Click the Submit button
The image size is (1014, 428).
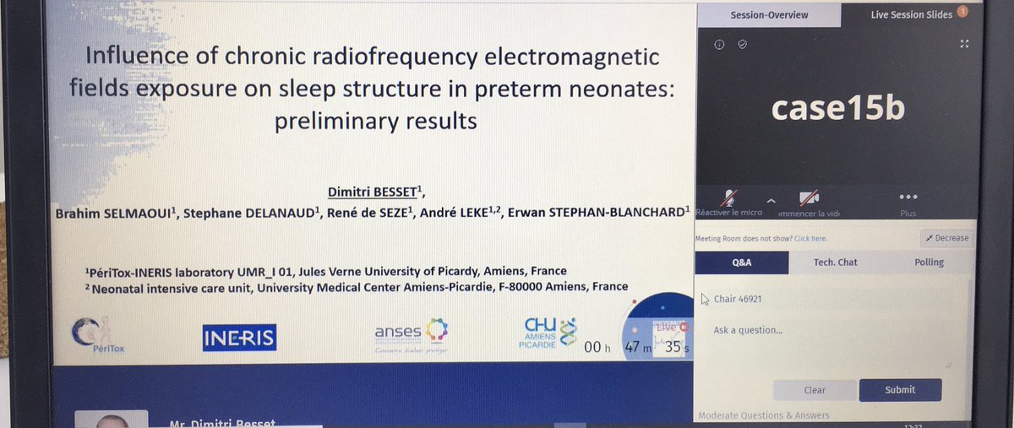pyautogui.click(x=900, y=389)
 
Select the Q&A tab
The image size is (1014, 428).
pyautogui.click(x=741, y=263)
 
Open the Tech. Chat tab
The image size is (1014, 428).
pyautogui.click(x=835, y=263)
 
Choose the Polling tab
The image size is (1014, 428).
pyautogui.click(x=929, y=263)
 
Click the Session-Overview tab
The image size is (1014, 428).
pyautogui.click(x=769, y=14)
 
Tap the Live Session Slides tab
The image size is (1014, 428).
pyautogui.click(x=911, y=14)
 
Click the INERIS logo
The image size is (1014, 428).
pyautogui.click(x=239, y=338)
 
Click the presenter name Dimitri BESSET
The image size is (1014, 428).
pyautogui.click(x=370, y=190)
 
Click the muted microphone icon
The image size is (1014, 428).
pyautogui.click(x=729, y=198)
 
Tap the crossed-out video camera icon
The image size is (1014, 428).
pyautogui.click(x=810, y=198)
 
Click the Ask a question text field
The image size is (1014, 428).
pyautogui.click(x=828, y=346)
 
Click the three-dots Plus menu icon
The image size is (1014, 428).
pyautogui.click(x=908, y=196)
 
